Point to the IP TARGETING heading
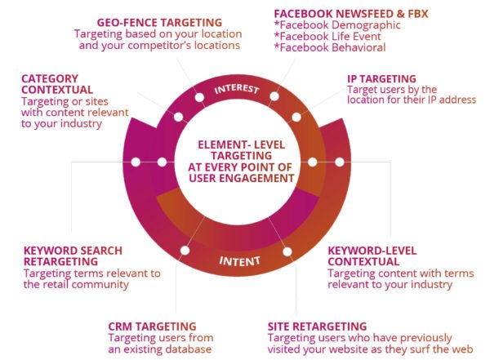click(x=381, y=79)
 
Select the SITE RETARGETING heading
click(x=317, y=327)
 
